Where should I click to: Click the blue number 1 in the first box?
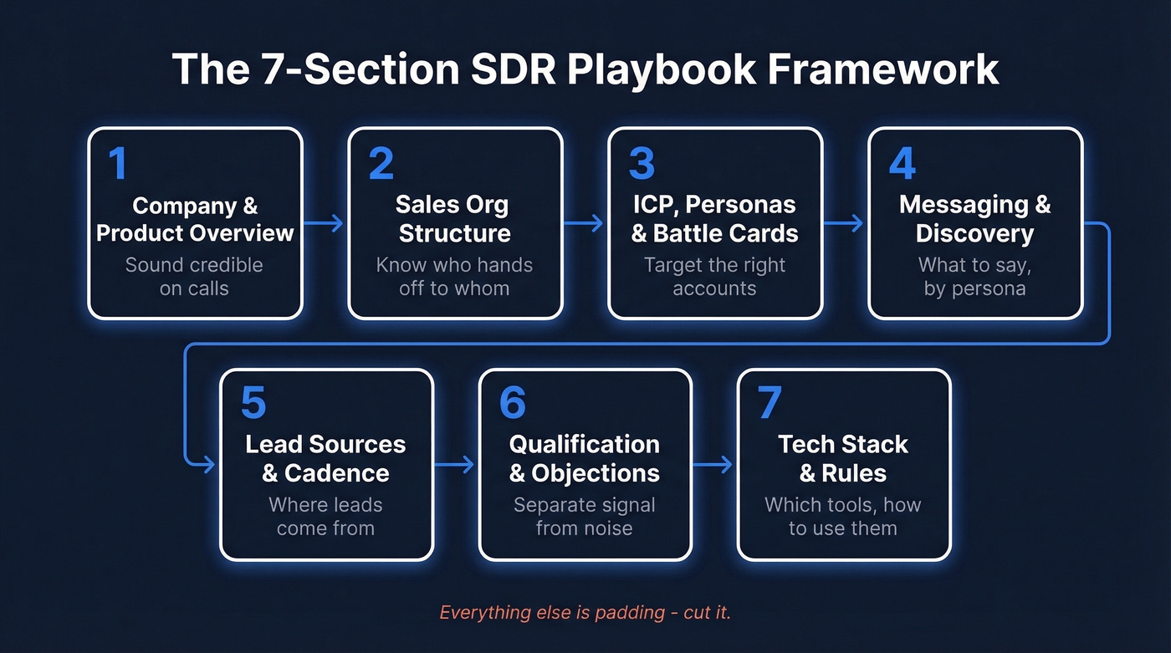118,164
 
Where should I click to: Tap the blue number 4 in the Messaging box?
902,164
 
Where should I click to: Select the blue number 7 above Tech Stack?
769,404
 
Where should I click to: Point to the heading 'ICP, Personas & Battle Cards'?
714,219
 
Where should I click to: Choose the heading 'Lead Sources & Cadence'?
325,459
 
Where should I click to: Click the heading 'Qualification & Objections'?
584,459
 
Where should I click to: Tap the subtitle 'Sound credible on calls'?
194,277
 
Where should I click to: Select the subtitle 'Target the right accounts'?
714,277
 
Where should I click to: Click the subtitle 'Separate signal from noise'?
584,517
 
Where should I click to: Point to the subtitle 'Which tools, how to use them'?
842,517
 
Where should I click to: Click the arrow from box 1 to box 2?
324,223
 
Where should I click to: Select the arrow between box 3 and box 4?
843,223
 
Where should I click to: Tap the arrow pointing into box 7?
713,464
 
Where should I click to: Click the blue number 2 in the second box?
381,164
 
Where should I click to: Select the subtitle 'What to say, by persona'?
974,277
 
